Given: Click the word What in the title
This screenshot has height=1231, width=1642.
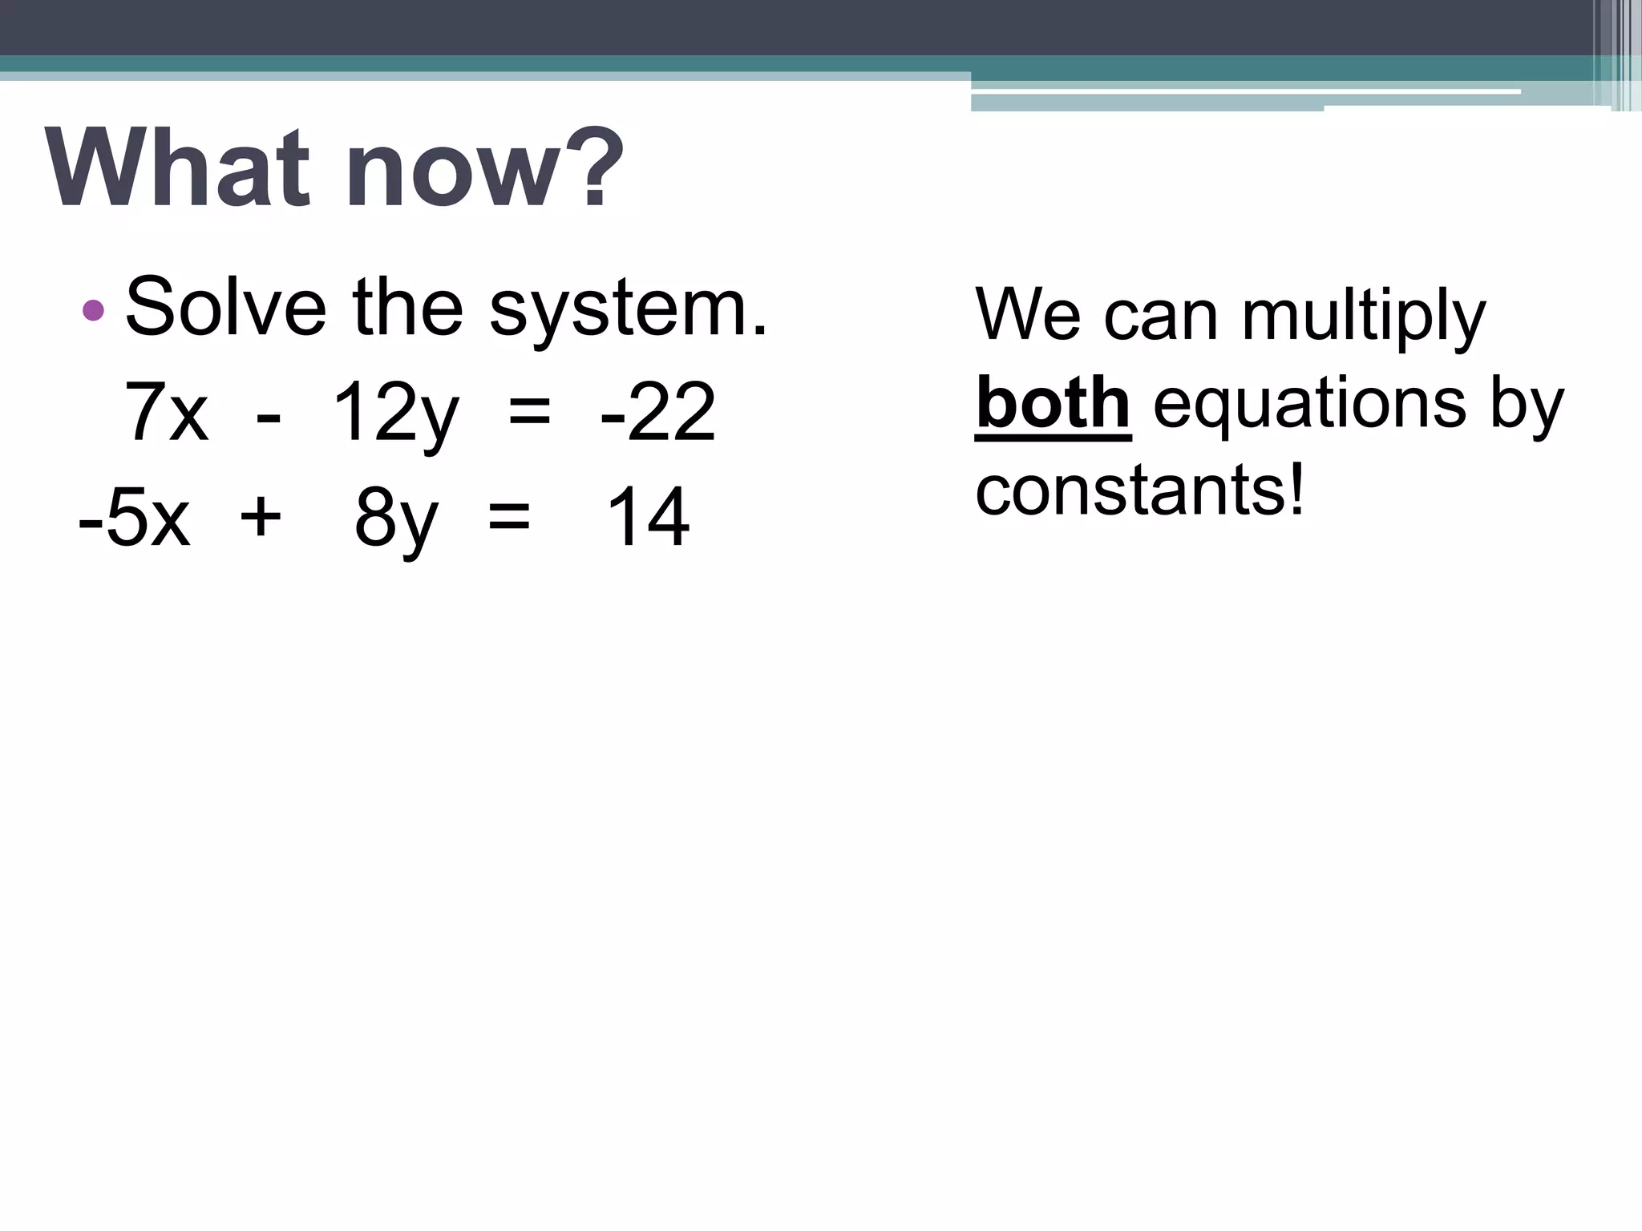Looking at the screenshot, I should [x=176, y=169].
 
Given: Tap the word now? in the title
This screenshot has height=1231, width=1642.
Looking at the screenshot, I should [x=484, y=169].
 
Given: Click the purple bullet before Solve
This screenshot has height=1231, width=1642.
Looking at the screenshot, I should [x=94, y=310].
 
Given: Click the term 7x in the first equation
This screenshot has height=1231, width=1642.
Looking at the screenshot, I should [x=167, y=413].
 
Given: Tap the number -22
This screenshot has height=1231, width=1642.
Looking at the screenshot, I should [x=657, y=413].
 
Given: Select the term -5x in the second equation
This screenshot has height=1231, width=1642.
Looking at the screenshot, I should [x=135, y=518].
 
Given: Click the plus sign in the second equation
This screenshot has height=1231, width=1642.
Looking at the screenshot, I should [x=261, y=517].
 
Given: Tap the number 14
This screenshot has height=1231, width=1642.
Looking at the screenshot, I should [x=648, y=518].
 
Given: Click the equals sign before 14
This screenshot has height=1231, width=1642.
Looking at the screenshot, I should [x=509, y=517].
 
